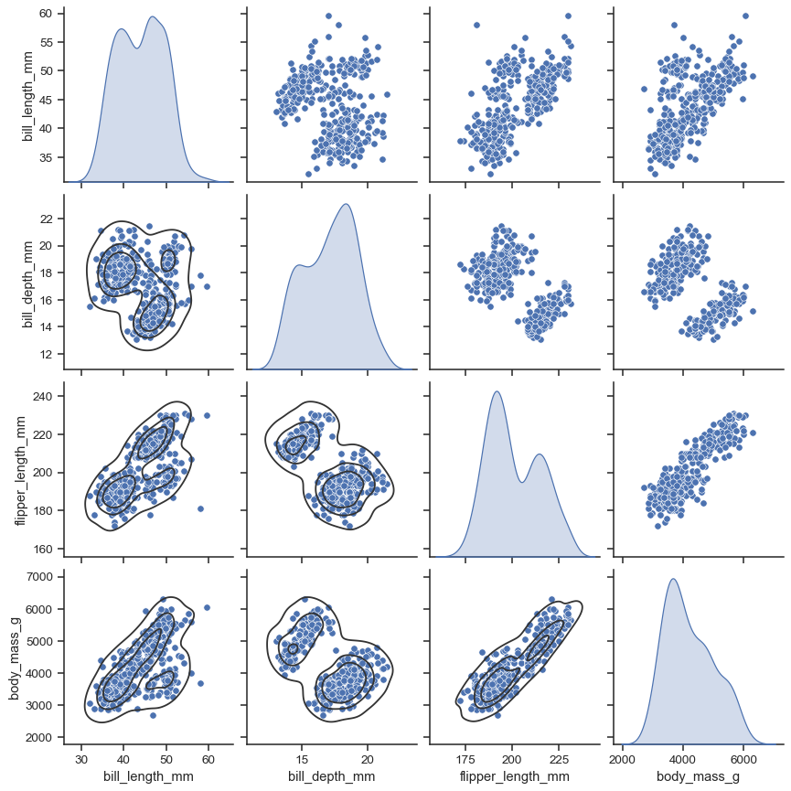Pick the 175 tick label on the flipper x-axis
click(465, 758)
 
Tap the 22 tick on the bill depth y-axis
click(50, 219)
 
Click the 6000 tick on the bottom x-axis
click(743, 758)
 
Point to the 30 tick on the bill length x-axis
click(81, 758)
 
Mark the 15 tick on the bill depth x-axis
click(302, 758)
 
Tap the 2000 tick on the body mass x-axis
click(623, 758)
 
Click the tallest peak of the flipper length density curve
click(497, 391)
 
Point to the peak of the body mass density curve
click(673, 579)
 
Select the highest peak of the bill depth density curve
click(346, 204)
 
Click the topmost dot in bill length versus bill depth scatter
click(328, 16)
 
